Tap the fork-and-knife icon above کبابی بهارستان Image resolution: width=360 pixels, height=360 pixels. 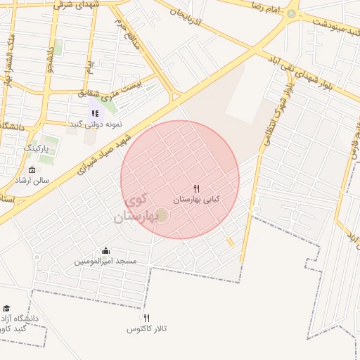[x=196, y=188]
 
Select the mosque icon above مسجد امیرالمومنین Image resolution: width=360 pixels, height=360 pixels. [x=105, y=251]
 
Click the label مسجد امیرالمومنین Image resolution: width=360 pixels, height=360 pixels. [x=105, y=262]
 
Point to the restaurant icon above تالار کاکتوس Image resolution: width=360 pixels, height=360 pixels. [x=146, y=318]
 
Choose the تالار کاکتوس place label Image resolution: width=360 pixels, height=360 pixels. [x=146, y=329]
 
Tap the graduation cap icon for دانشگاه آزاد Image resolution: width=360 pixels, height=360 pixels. [x=6, y=309]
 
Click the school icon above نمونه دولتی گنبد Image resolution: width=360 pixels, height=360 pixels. [x=95, y=113]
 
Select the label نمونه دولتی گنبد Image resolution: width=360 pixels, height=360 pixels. [x=95, y=124]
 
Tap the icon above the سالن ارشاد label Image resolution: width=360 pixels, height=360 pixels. [x=32, y=170]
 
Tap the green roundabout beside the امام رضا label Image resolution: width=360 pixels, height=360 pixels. [x=291, y=13]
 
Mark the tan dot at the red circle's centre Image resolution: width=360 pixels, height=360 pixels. [x=162, y=214]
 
